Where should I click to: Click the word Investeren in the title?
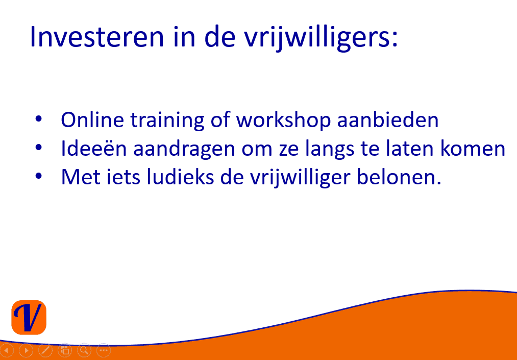[x=96, y=37]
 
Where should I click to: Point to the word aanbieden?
[x=388, y=120]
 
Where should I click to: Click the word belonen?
[x=399, y=177]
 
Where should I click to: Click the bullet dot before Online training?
[x=39, y=119]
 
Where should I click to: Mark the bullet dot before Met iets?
[x=39, y=176]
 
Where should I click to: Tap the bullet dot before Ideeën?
[x=39, y=148]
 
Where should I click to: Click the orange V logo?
[x=29, y=318]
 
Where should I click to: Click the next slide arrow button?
[x=26, y=350]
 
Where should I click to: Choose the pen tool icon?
[x=45, y=350]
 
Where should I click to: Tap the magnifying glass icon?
[x=84, y=350]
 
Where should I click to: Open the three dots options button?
[x=104, y=350]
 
